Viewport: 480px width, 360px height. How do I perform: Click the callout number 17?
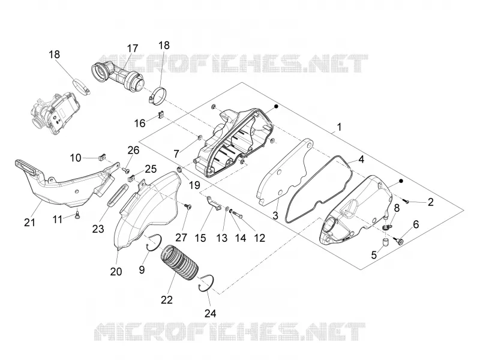pos(132,49)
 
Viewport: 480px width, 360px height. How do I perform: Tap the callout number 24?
pos(210,313)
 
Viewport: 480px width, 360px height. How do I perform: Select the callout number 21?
pos(29,222)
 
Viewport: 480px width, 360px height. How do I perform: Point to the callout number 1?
pos(338,127)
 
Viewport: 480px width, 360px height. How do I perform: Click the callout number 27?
pos(181,238)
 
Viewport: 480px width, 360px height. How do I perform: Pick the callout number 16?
pos(140,123)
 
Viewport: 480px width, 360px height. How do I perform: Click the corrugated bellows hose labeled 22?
pos(179,263)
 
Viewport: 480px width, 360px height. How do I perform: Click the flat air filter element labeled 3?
pos(284,172)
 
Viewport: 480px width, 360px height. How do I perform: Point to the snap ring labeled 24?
pos(206,283)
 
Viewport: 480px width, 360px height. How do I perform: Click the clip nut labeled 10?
pos(102,157)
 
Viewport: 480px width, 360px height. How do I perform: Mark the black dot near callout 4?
pos(401,181)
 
